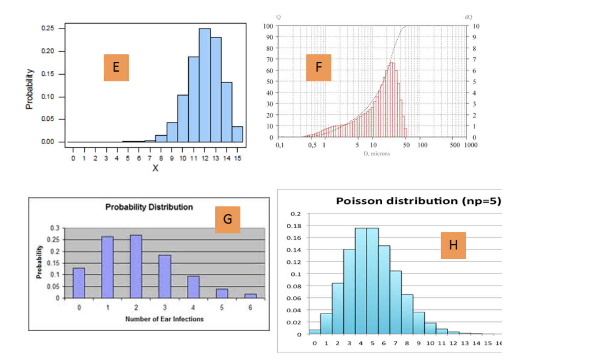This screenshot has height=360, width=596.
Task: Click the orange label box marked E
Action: tap(116, 67)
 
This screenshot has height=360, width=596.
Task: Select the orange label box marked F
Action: tap(318, 67)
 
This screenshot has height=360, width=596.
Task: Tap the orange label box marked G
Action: tap(227, 219)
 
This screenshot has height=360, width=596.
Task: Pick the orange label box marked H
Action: tap(453, 245)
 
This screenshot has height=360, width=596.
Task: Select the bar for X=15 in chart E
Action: tap(237, 134)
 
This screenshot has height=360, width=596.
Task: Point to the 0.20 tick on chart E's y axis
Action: tap(48, 51)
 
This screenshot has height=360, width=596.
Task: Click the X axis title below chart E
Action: tap(155, 168)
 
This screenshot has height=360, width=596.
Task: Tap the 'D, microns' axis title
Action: tap(376, 154)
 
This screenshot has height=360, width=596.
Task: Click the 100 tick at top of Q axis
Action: tap(268, 26)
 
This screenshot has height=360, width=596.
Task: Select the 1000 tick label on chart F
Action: tap(471, 145)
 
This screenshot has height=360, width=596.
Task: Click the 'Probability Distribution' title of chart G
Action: tap(149, 207)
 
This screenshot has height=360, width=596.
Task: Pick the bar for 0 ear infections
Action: tap(79, 283)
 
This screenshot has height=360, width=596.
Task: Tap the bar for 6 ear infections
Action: tap(251, 296)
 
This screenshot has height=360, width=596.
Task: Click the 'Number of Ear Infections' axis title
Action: tap(164, 319)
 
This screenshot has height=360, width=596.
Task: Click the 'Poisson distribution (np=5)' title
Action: tap(418, 201)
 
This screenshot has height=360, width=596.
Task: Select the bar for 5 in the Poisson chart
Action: tap(372, 281)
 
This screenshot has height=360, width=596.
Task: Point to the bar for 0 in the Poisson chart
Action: tap(315, 332)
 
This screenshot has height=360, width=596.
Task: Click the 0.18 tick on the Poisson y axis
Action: tap(294, 226)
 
